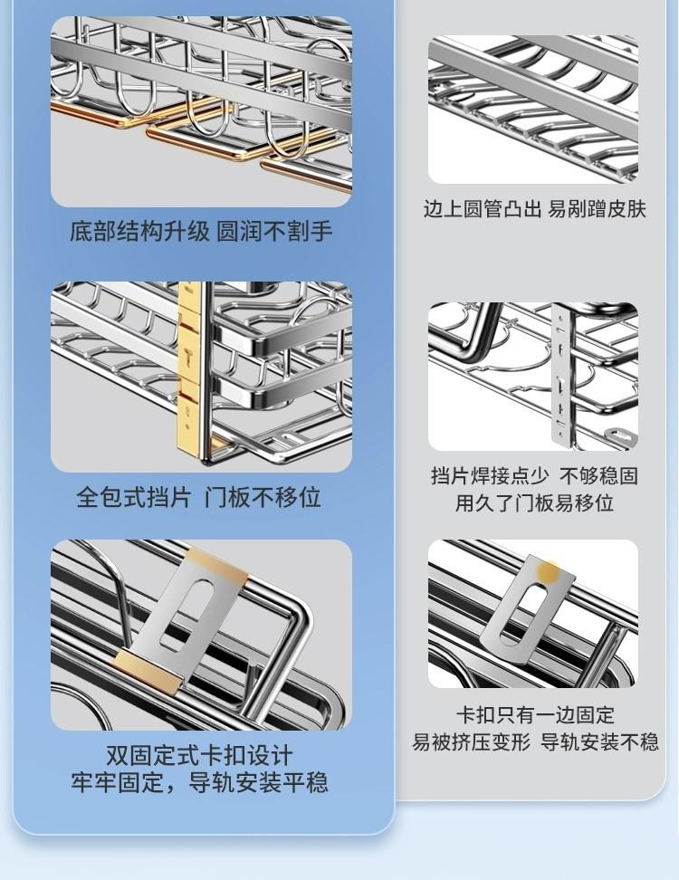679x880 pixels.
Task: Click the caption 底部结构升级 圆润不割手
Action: click(x=201, y=231)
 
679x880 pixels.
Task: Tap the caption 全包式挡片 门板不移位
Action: click(x=198, y=497)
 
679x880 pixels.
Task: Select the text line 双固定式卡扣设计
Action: click(x=199, y=755)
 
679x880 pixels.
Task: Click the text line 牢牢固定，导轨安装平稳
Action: click(x=199, y=782)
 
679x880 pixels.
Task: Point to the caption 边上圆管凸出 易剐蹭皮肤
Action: click(x=535, y=209)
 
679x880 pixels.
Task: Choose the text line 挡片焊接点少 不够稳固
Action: click(x=535, y=476)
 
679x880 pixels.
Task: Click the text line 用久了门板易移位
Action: click(x=534, y=502)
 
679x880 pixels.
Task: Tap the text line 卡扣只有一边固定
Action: click(x=535, y=715)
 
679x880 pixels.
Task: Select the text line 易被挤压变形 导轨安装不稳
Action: click(x=535, y=742)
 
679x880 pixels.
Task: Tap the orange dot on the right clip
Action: click(x=548, y=572)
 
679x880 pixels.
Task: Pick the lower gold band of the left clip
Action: click(x=148, y=668)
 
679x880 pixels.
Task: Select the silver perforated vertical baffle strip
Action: click(x=562, y=376)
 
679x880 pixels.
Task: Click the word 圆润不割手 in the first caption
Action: click(x=275, y=231)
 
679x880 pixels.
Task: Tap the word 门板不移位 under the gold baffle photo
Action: click(x=263, y=497)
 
